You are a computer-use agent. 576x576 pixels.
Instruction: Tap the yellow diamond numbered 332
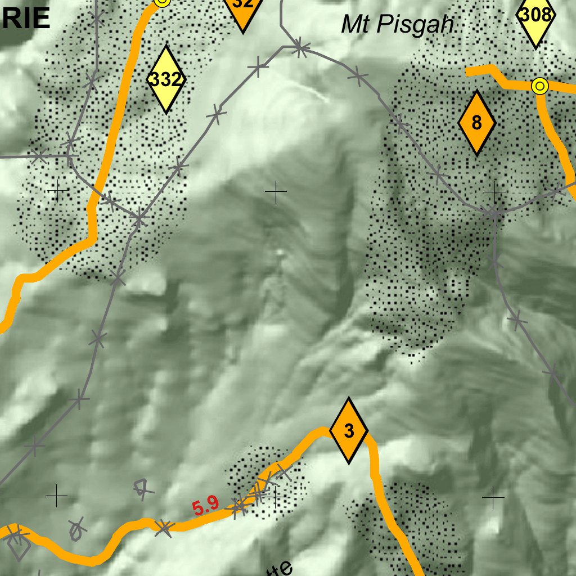(166, 79)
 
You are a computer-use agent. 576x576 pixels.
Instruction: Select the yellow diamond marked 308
(535, 17)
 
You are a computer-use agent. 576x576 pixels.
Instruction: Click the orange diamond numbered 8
(476, 122)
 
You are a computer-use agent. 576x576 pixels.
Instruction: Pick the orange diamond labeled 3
(349, 431)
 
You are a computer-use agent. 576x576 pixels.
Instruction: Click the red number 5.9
(205, 507)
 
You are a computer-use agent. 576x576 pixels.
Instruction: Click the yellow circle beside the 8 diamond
(539, 86)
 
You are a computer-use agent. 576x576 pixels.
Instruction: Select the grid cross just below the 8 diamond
(494, 193)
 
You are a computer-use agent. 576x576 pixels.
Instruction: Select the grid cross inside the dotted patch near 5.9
(275, 497)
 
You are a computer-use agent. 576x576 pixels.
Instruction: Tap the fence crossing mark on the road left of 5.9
(164, 527)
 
